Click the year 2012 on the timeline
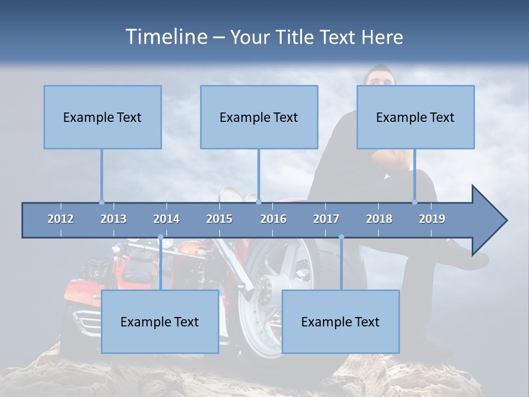pos(61,219)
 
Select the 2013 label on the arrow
pos(114,219)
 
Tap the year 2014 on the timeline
pos(166,219)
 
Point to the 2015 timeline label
pos(219,219)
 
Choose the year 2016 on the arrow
pos(273,219)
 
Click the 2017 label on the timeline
pos(326,219)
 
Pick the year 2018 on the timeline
pos(379,219)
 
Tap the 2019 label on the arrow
pos(432,219)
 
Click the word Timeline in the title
pos(166,37)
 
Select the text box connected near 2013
pos(102,117)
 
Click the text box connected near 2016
pos(259,117)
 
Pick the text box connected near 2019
pos(415,117)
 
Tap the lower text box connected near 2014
pos(160,321)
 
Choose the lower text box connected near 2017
pos(341,321)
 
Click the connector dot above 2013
pos(101,202)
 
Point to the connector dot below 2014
pos(160,237)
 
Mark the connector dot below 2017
pos(341,237)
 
